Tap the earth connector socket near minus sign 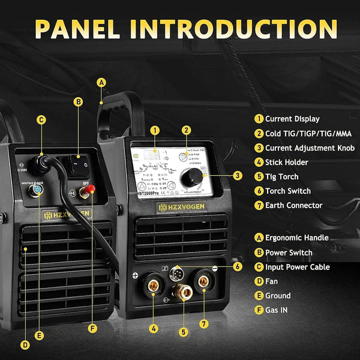[203, 280]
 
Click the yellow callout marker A [101, 82]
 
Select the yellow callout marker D [25, 344]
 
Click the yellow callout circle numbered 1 [155, 130]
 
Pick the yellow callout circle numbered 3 [238, 176]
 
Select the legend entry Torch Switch [288, 191]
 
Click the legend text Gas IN [278, 310]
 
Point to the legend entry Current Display [292, 119]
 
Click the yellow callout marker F [92, 328]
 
